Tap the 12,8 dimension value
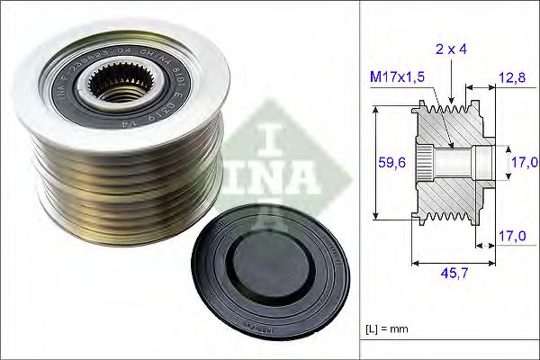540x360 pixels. tap(510, 78)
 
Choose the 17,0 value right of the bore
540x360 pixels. tap(524, 163)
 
